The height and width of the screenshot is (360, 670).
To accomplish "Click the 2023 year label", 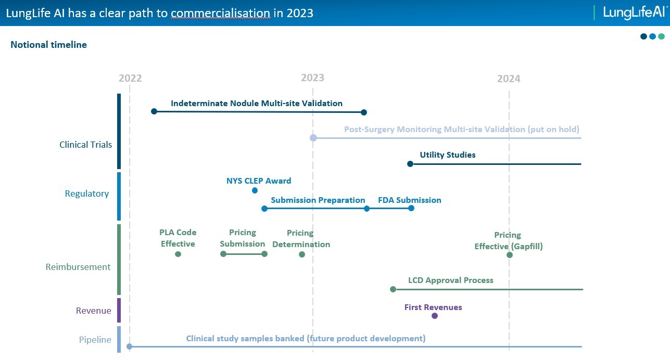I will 312,78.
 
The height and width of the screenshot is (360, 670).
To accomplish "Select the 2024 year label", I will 509,79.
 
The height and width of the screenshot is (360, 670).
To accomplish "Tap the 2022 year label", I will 130,78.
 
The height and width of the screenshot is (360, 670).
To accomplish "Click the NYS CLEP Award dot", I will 255,190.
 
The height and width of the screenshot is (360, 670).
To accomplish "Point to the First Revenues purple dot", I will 435,316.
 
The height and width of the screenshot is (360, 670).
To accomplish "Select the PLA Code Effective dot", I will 178,254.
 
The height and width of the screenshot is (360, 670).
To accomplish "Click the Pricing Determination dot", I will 302,254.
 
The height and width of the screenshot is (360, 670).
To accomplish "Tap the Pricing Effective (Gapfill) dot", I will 509,255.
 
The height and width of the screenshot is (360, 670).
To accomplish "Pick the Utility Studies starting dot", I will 410,164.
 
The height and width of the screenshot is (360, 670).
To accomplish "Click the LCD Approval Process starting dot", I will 393,289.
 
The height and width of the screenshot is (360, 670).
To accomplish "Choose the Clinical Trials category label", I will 85,145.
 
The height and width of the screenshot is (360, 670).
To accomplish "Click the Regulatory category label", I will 87,194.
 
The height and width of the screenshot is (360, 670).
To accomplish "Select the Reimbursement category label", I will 78,267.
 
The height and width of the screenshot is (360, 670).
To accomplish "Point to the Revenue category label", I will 94,311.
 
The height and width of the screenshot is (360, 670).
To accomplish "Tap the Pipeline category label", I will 95,340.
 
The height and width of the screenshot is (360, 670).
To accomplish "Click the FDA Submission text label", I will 410,200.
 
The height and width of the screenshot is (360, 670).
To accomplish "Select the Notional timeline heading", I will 48,45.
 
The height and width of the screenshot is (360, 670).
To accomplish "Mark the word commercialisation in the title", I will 221,13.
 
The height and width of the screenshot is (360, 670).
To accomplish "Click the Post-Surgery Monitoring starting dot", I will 313,138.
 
